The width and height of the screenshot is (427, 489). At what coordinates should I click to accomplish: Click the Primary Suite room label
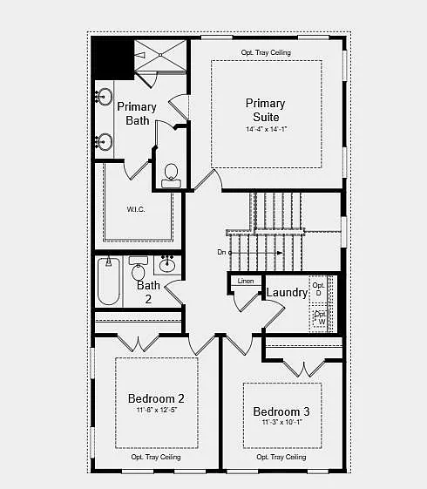click(265, 110)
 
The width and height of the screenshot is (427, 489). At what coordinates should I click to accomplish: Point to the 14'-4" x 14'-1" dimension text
click(266, 130)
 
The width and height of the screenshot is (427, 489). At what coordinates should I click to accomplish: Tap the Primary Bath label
click(137, 113)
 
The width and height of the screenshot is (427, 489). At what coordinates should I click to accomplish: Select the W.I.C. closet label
click(135, 208)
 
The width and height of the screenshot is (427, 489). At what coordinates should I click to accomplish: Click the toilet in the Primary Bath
click(171, 174)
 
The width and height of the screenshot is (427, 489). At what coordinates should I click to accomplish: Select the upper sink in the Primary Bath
click(105, 96)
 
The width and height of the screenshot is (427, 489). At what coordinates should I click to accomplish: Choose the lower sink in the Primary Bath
click(105, 139)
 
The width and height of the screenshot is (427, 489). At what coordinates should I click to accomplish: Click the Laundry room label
click(287, 293)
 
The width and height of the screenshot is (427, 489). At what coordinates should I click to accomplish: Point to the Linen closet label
click(245, 281)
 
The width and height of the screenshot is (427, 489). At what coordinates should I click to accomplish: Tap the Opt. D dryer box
click(319, 289)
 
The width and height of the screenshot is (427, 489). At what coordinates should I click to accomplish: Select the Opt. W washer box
click(320, 318)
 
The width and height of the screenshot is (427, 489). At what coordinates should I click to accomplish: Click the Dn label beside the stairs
click(222, 253)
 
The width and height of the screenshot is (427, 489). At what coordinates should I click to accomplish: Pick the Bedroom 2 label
click(156, 398)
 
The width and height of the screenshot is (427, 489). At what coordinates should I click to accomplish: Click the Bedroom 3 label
click(281, 411)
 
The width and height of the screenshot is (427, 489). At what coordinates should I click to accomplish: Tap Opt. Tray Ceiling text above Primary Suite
click(266, 52)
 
